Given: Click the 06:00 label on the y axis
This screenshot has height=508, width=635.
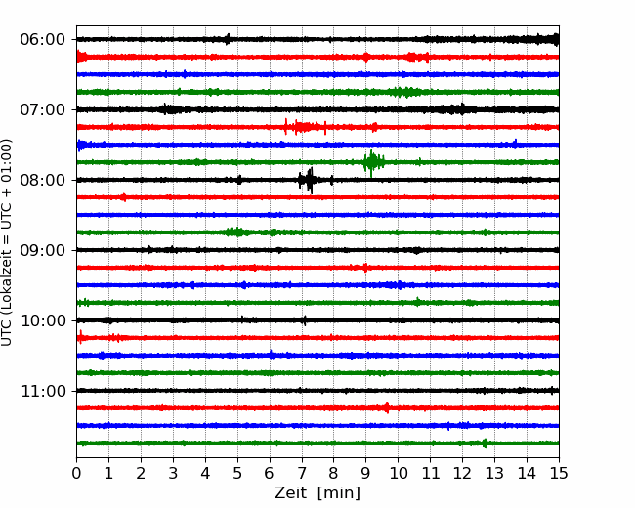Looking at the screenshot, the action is pos(43,40).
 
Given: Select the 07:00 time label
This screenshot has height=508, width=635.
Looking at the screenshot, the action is pos(43,109).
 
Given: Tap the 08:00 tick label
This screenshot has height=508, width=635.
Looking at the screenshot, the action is pos(43,180).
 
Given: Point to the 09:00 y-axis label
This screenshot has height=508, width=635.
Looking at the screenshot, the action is pos(43,250).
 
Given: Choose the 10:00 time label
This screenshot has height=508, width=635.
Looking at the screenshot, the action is pos(43,320).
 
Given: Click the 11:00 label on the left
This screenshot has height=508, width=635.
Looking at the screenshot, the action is pos(43,391).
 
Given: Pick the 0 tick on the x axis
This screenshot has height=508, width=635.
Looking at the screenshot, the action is pos(76,473).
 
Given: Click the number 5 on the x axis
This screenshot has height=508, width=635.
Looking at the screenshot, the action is pos(237,473).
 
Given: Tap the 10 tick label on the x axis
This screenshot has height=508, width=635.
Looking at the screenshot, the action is pos(398,473).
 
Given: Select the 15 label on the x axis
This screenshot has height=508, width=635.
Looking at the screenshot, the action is pos(559,473).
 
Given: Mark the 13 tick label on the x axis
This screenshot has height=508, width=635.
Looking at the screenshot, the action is pos(494,473).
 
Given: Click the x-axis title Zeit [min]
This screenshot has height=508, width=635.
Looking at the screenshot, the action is pos(317,493).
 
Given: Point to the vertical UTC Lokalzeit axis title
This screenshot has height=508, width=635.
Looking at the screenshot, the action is pos(6,242).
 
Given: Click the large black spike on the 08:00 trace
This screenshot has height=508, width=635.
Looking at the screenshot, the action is pos(310,181).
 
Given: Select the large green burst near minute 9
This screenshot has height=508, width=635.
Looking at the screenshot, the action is pos(372,163).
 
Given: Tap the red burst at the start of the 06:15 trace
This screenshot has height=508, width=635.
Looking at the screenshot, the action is pos(82,57).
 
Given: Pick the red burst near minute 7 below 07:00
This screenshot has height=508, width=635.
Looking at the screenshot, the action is pos(306,127).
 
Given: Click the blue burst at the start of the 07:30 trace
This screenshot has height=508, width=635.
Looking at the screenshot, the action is pos(82,145).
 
